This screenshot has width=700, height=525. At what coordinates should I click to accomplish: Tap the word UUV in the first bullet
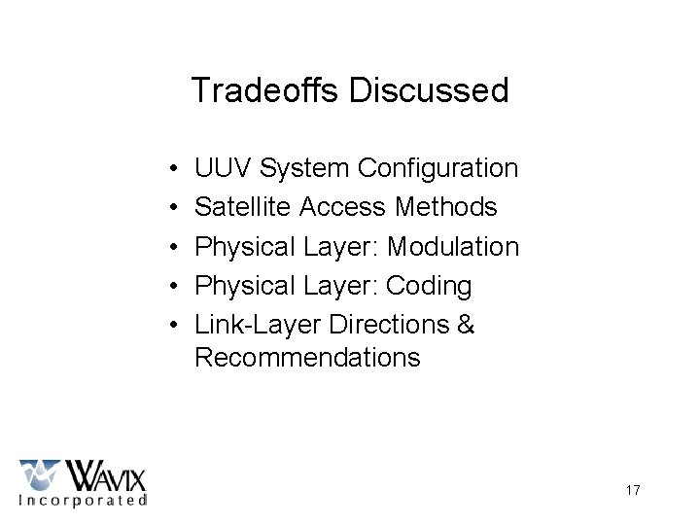pyautogui.click(x=222, y=168)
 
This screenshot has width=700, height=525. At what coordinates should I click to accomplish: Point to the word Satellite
pyautogui.click(x=244, y=207)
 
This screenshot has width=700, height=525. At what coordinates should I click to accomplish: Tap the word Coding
pyautogui.click(x=429, y=286)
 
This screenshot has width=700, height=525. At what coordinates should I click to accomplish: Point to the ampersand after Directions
pyautogui.click(x=466, y=325)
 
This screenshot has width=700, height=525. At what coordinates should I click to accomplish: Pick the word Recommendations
pyautogui.click(x=307, y=358)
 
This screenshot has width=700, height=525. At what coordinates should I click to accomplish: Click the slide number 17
pyautogui.click(x=633, y=490)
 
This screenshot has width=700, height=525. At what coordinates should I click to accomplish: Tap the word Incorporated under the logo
pyautogui.click(x=84, y=501)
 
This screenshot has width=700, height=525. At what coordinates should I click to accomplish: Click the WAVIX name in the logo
pyautogui.click(x=105, y=476)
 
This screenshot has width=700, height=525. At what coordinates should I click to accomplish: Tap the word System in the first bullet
pyautogui.click(x=303, y=168)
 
